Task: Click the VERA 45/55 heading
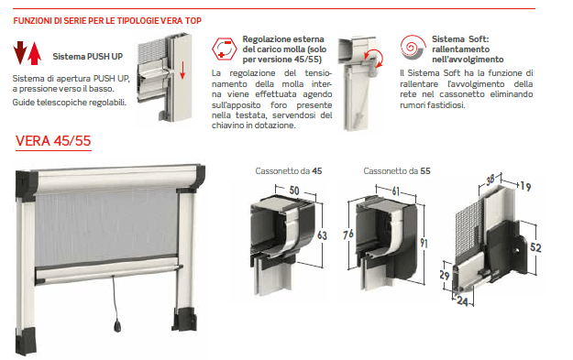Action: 53,141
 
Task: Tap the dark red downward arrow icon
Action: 20,53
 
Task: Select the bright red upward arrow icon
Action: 34,53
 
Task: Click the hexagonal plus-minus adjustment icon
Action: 224,49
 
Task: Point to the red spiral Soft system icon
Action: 413,48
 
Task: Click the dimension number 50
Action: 294,191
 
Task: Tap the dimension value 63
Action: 322,235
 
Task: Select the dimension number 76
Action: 348,234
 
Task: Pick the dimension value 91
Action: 424,243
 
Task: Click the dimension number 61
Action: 396,191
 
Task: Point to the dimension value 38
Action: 490,180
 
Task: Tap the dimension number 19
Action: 525,187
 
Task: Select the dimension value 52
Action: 535,247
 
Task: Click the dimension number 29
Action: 445,275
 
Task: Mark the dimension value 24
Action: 462,301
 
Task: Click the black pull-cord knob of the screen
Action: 117,326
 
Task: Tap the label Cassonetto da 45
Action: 289,171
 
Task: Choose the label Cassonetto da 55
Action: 397,171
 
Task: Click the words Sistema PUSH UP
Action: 88,57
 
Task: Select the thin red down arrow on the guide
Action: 182,71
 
